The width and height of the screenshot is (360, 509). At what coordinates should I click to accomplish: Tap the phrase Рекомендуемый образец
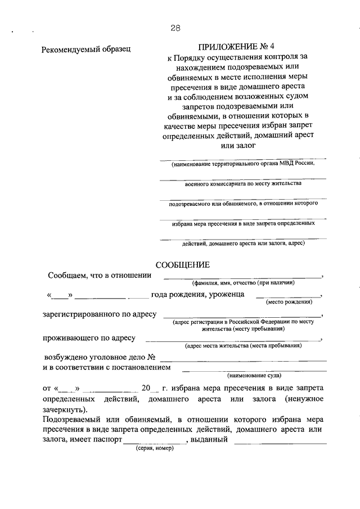click(x=86, y=49)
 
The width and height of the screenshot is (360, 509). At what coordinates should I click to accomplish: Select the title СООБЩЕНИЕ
click(x=182, y=265)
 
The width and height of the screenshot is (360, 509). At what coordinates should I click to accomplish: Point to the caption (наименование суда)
click(x=254, y=375)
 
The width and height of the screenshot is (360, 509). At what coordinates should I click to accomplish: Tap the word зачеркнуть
click(x=65, y=409)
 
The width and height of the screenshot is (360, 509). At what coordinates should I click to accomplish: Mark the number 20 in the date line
click(x=147, y=388)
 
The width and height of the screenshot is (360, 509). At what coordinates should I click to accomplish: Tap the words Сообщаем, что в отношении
click(x=100, y=275)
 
